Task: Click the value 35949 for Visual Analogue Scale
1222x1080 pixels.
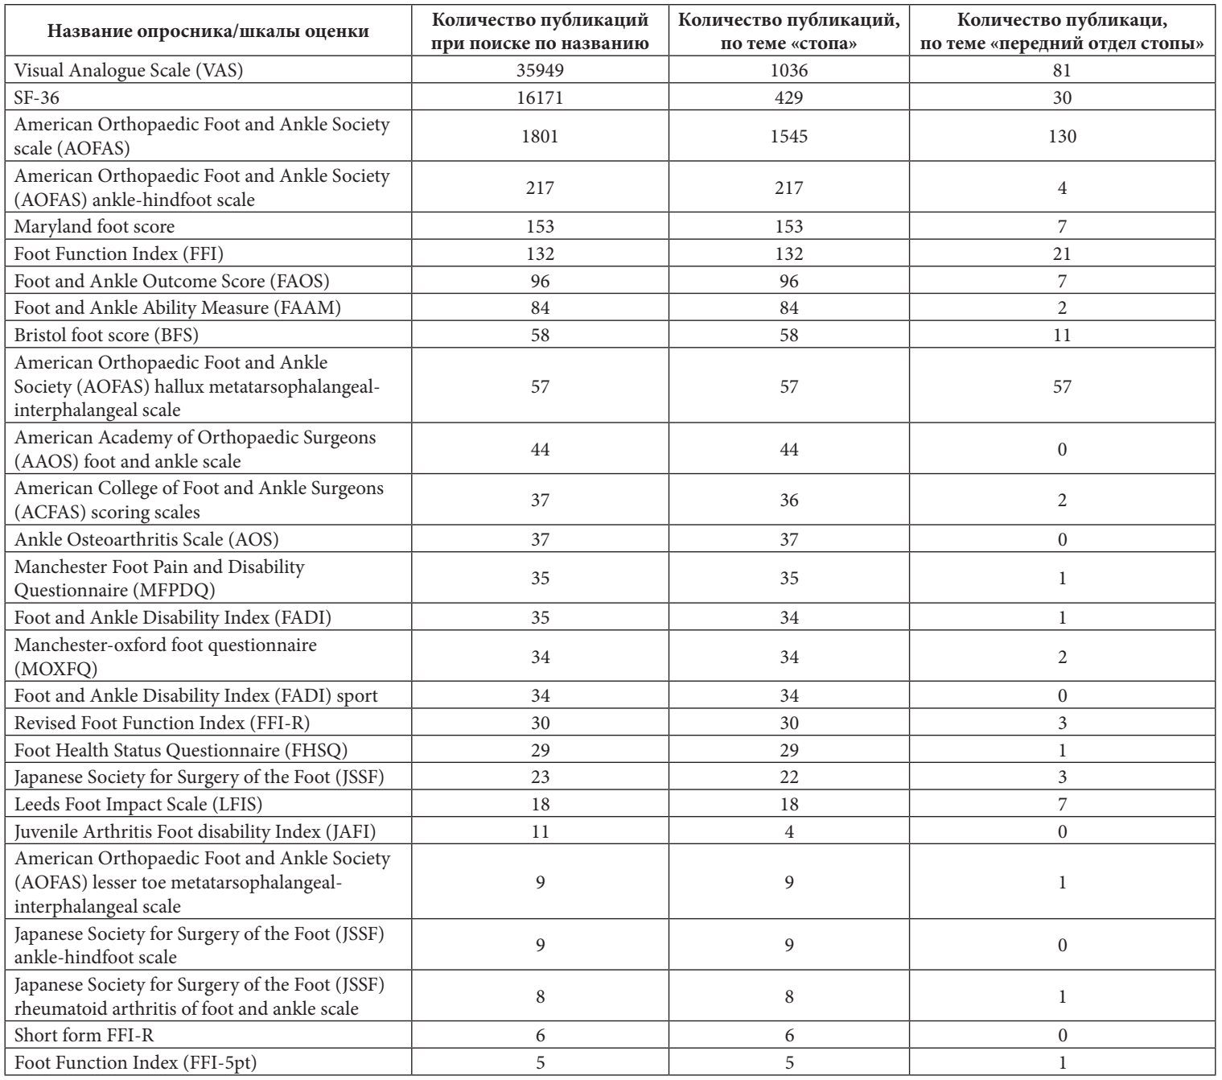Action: (540, 71)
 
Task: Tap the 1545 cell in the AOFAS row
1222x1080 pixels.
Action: (788, 136)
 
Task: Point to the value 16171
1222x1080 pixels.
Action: (540, 98)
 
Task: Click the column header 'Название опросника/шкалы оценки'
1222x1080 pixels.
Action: (208, 31)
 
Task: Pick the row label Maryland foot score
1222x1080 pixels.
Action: (94, 227)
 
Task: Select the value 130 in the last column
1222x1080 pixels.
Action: (1062, 136)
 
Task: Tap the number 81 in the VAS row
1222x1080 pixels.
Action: (1062, 71)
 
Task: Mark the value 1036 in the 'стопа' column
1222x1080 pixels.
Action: (788, 71)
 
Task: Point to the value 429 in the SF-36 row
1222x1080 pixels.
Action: (788, 98)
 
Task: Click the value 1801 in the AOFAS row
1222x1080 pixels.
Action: (540, 136)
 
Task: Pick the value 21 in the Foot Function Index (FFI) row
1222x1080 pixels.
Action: (1062, 254)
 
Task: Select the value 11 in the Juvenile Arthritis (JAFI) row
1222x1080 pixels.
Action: (540, 830)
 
